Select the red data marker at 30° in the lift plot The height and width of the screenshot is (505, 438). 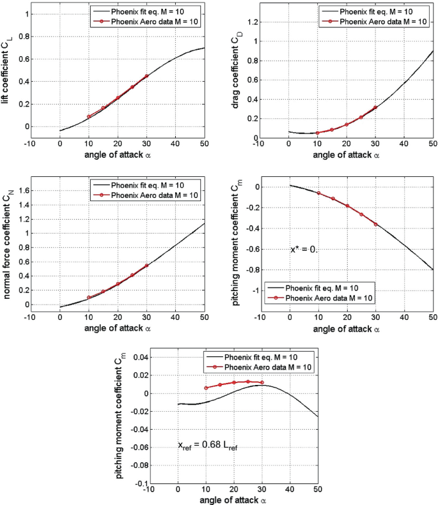pyautogui.click(x=146, y=76)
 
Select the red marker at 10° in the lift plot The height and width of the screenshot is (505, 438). pyautogui.click(x=88, y=117)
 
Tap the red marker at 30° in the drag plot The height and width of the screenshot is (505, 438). pyautogui.click(x=375, y=107)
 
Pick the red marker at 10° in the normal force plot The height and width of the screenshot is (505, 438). pyautogui.click(x=88, y=298)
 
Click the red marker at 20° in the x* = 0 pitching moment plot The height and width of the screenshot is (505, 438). pyautogui.click(x=347, y=206)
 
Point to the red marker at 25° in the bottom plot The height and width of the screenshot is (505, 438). pyautogui.click(x=248, y=381)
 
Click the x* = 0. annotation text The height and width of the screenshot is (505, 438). pyautogui.click(x=304, y=250)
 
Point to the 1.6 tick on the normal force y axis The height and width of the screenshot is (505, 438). pyautogui.click(x=24, y=190)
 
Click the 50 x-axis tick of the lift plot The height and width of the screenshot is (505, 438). pyautogui.click(x=204, y=142)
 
